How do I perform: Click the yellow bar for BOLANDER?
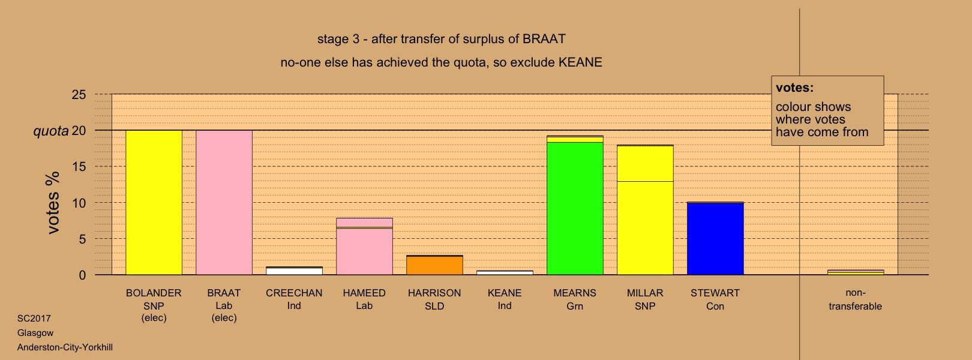pyautogui.click(x=154, y=202)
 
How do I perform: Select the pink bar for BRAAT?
pyautogui.click(x=224, y=202)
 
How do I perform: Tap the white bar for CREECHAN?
pyautogui.click(x=294, y=271)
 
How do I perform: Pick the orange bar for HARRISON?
pyautogui.click(x=434, y=265)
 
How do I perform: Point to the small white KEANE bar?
pyautogui.click(x=505, y=273)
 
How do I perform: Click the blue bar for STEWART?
pyautogui.click(x=715, y=239)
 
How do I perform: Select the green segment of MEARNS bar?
pyautogui.click(x=575, y=209)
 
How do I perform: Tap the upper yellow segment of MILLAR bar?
pyautogui.click(x=645, y=164)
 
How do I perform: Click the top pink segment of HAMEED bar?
pyautogui.click(x=365, y=223)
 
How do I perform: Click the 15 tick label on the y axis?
pyautogui.click(x=79, y=167)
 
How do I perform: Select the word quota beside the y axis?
pyautogui.click(x=51, y=131)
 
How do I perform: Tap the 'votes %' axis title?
pyautogui.click(x=53, y=203)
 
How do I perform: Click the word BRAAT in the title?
pyautogui.click(x=544, y=39)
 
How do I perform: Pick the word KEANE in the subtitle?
pyautogui.click(x=580, y=62)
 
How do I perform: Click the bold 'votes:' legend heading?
pyautogui.click(x=794, y=88)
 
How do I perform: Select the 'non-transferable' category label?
pyautogui.click(x=855, y=300)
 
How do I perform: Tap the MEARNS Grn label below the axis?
pyautogui.click(x=575, y=300)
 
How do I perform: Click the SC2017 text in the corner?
pyautogui.click(x=34, y=319)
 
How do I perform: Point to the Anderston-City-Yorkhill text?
pyautogui.click(x=65, y=347)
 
